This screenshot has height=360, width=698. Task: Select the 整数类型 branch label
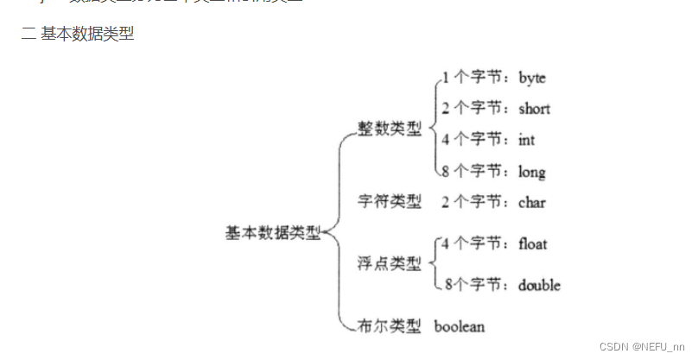[x=390, y=128]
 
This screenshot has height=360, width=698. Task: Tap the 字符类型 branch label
[x=390, y=202]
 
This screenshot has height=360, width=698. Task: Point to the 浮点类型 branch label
[x=390, y=263]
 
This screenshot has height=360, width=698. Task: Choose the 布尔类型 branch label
[x=390, y=326]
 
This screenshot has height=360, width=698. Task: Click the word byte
[x=532, y=78]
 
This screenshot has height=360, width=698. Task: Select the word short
[x=534, y=109]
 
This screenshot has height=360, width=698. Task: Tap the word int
[x=527, y=139]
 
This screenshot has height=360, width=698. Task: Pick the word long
[x=531, y=172]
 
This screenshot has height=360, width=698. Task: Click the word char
[x=532, y=203]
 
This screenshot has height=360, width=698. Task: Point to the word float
[x=533, y=244]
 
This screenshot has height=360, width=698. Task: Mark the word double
[x=539, y=285]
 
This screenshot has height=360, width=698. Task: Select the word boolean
[x=460, y=326]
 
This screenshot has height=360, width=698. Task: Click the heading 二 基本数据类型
[x=77, y=35]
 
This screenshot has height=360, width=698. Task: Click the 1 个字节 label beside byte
[x=475, y=78]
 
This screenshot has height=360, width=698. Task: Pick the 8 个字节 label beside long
[x=475, y=172]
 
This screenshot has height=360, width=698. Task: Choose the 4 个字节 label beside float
[x=475, y=244]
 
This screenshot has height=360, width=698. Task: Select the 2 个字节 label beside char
[x=475, y=203]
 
